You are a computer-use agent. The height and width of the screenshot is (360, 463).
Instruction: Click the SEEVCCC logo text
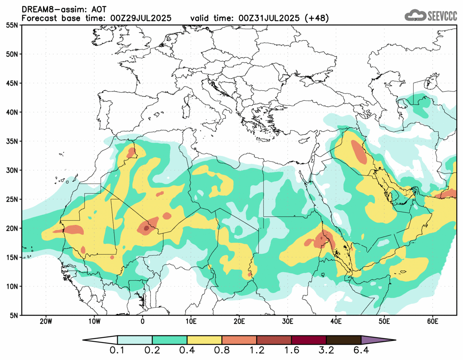tap(442, 16)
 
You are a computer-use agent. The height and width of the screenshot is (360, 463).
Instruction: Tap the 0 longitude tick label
tap(143, 321)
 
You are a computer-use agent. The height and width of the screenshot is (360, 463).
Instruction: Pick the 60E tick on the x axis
tap(432, 321)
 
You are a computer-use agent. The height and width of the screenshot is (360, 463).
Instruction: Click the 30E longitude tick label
tap(288, 321)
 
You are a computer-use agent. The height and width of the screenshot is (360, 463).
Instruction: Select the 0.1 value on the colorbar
tap(118, 351)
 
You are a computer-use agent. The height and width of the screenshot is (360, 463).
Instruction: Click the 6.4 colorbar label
tap(361, 351)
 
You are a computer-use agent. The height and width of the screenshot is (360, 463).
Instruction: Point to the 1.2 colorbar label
tap(257, 351)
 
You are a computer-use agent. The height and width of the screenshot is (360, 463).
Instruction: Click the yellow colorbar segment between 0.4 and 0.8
tap(204, 340)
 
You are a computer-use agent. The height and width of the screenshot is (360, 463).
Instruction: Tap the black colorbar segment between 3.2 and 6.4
tap(343, 340)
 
